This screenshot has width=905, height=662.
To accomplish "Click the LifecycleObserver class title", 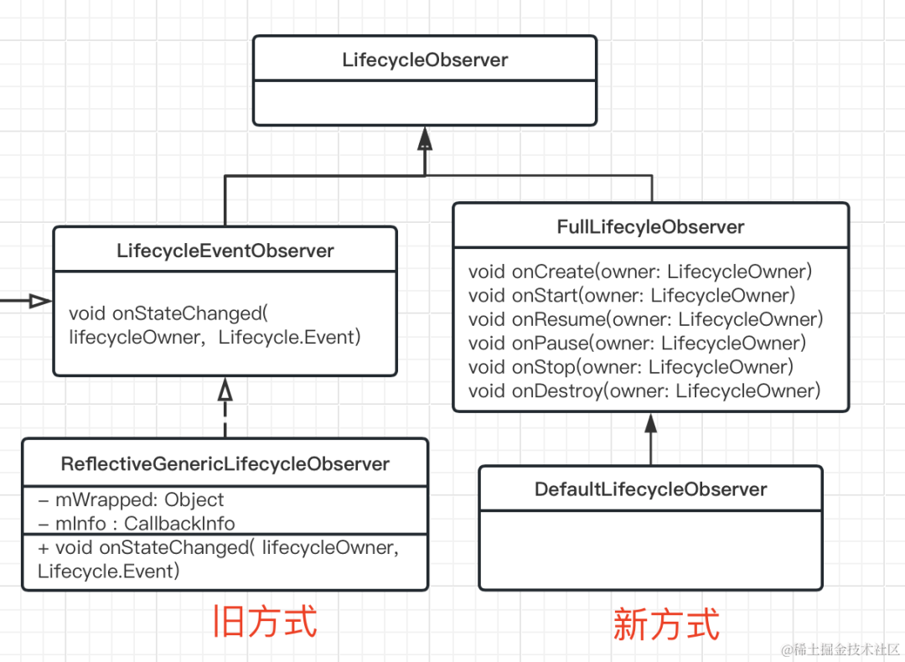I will click(x=425, y=60).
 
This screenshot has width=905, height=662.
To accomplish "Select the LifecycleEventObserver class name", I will click(x=225, y=251).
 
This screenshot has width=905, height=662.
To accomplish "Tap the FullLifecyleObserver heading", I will click(x=650, y=227).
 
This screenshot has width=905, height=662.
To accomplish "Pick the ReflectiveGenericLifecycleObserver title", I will click(x=225, y=464).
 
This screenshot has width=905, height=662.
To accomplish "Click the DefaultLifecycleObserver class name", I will click(x=650, y=489).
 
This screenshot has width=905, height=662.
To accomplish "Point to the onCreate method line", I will click(x=640, y=272).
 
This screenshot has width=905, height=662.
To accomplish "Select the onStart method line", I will click(x=632, y=295).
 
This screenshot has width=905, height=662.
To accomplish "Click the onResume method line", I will click(x=645, y=319).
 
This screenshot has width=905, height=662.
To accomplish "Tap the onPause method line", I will click(x=637, y=343).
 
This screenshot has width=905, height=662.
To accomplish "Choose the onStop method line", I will click(x=630, y=367).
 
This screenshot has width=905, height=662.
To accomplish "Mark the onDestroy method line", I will click(x=644, y=390).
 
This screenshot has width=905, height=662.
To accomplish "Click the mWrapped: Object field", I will click(x=131, y=500).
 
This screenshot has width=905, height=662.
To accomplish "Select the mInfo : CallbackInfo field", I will click(x=136, y=524).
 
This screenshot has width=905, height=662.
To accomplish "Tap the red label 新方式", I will click(x=666, y=625).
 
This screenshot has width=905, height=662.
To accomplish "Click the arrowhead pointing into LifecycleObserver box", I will click(x=425, y=138).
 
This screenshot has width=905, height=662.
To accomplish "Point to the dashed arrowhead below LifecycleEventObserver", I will click(x=225, y=390).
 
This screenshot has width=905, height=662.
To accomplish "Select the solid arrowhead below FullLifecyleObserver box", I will click(x=650, y=423).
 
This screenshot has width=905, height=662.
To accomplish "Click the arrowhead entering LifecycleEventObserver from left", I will click(x=39, y=301).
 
